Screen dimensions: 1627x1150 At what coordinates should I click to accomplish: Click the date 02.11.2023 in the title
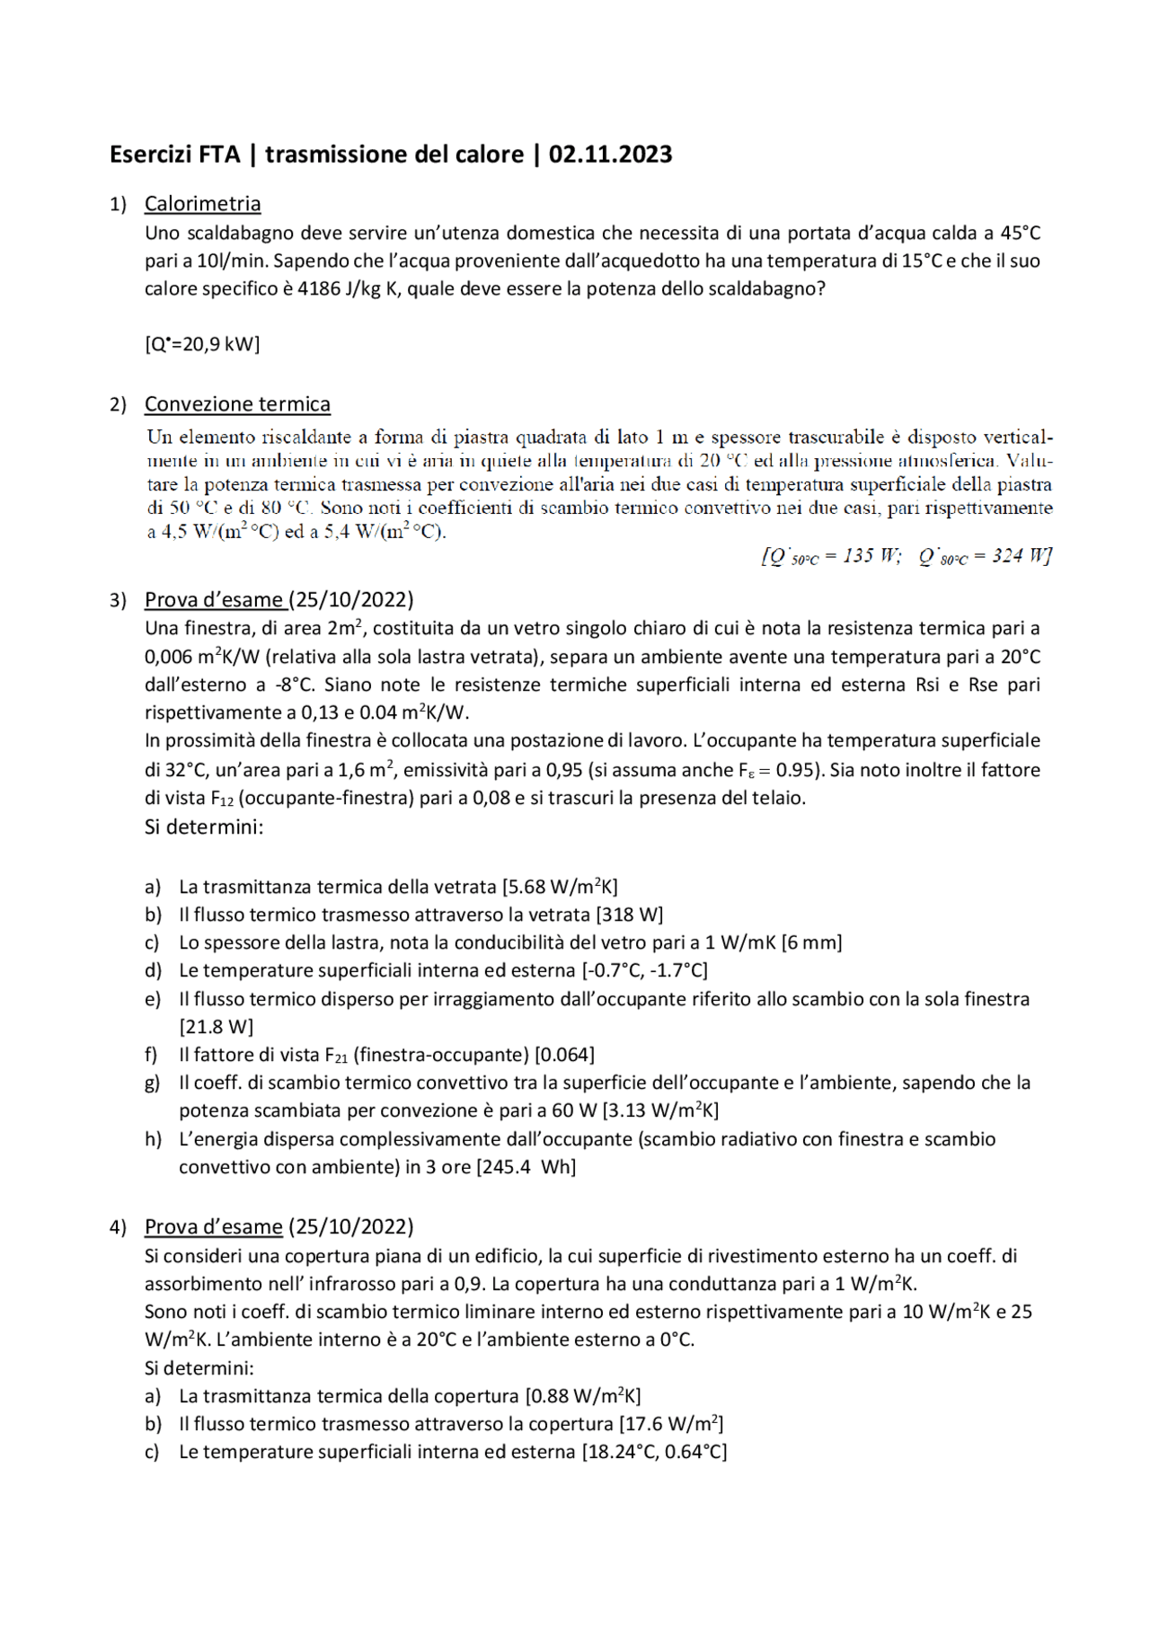[x=610, y=155]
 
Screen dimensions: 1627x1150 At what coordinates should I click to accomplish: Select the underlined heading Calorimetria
[x=202, y=204]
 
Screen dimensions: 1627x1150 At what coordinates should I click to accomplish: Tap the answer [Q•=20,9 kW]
[x=202, y=344]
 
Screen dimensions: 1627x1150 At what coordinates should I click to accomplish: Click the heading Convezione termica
[x=237, y=404]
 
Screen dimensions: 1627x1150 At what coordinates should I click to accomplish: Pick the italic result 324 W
[x=1021, y=556]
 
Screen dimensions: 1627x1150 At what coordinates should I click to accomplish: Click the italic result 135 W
[x=871, y=556]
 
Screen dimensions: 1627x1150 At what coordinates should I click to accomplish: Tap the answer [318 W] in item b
[x=629, y=915]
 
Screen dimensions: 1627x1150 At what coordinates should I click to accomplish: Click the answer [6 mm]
[x=811, y=942]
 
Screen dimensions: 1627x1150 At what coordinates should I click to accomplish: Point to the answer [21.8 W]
[x=217, y=1027]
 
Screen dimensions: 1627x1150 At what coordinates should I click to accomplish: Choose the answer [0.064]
[x=564, y=1055]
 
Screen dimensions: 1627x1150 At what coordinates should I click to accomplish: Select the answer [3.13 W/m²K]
[x=660, y=1110]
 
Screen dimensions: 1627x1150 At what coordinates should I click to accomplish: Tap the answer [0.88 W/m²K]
[x=583, y=1396]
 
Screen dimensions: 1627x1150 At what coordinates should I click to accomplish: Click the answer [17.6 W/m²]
[x=671, y=1424]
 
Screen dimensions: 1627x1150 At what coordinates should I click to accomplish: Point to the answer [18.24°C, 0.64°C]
[x=654, y=1452]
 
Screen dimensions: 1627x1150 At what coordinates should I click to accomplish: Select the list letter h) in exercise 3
[x=153, y=1139]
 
